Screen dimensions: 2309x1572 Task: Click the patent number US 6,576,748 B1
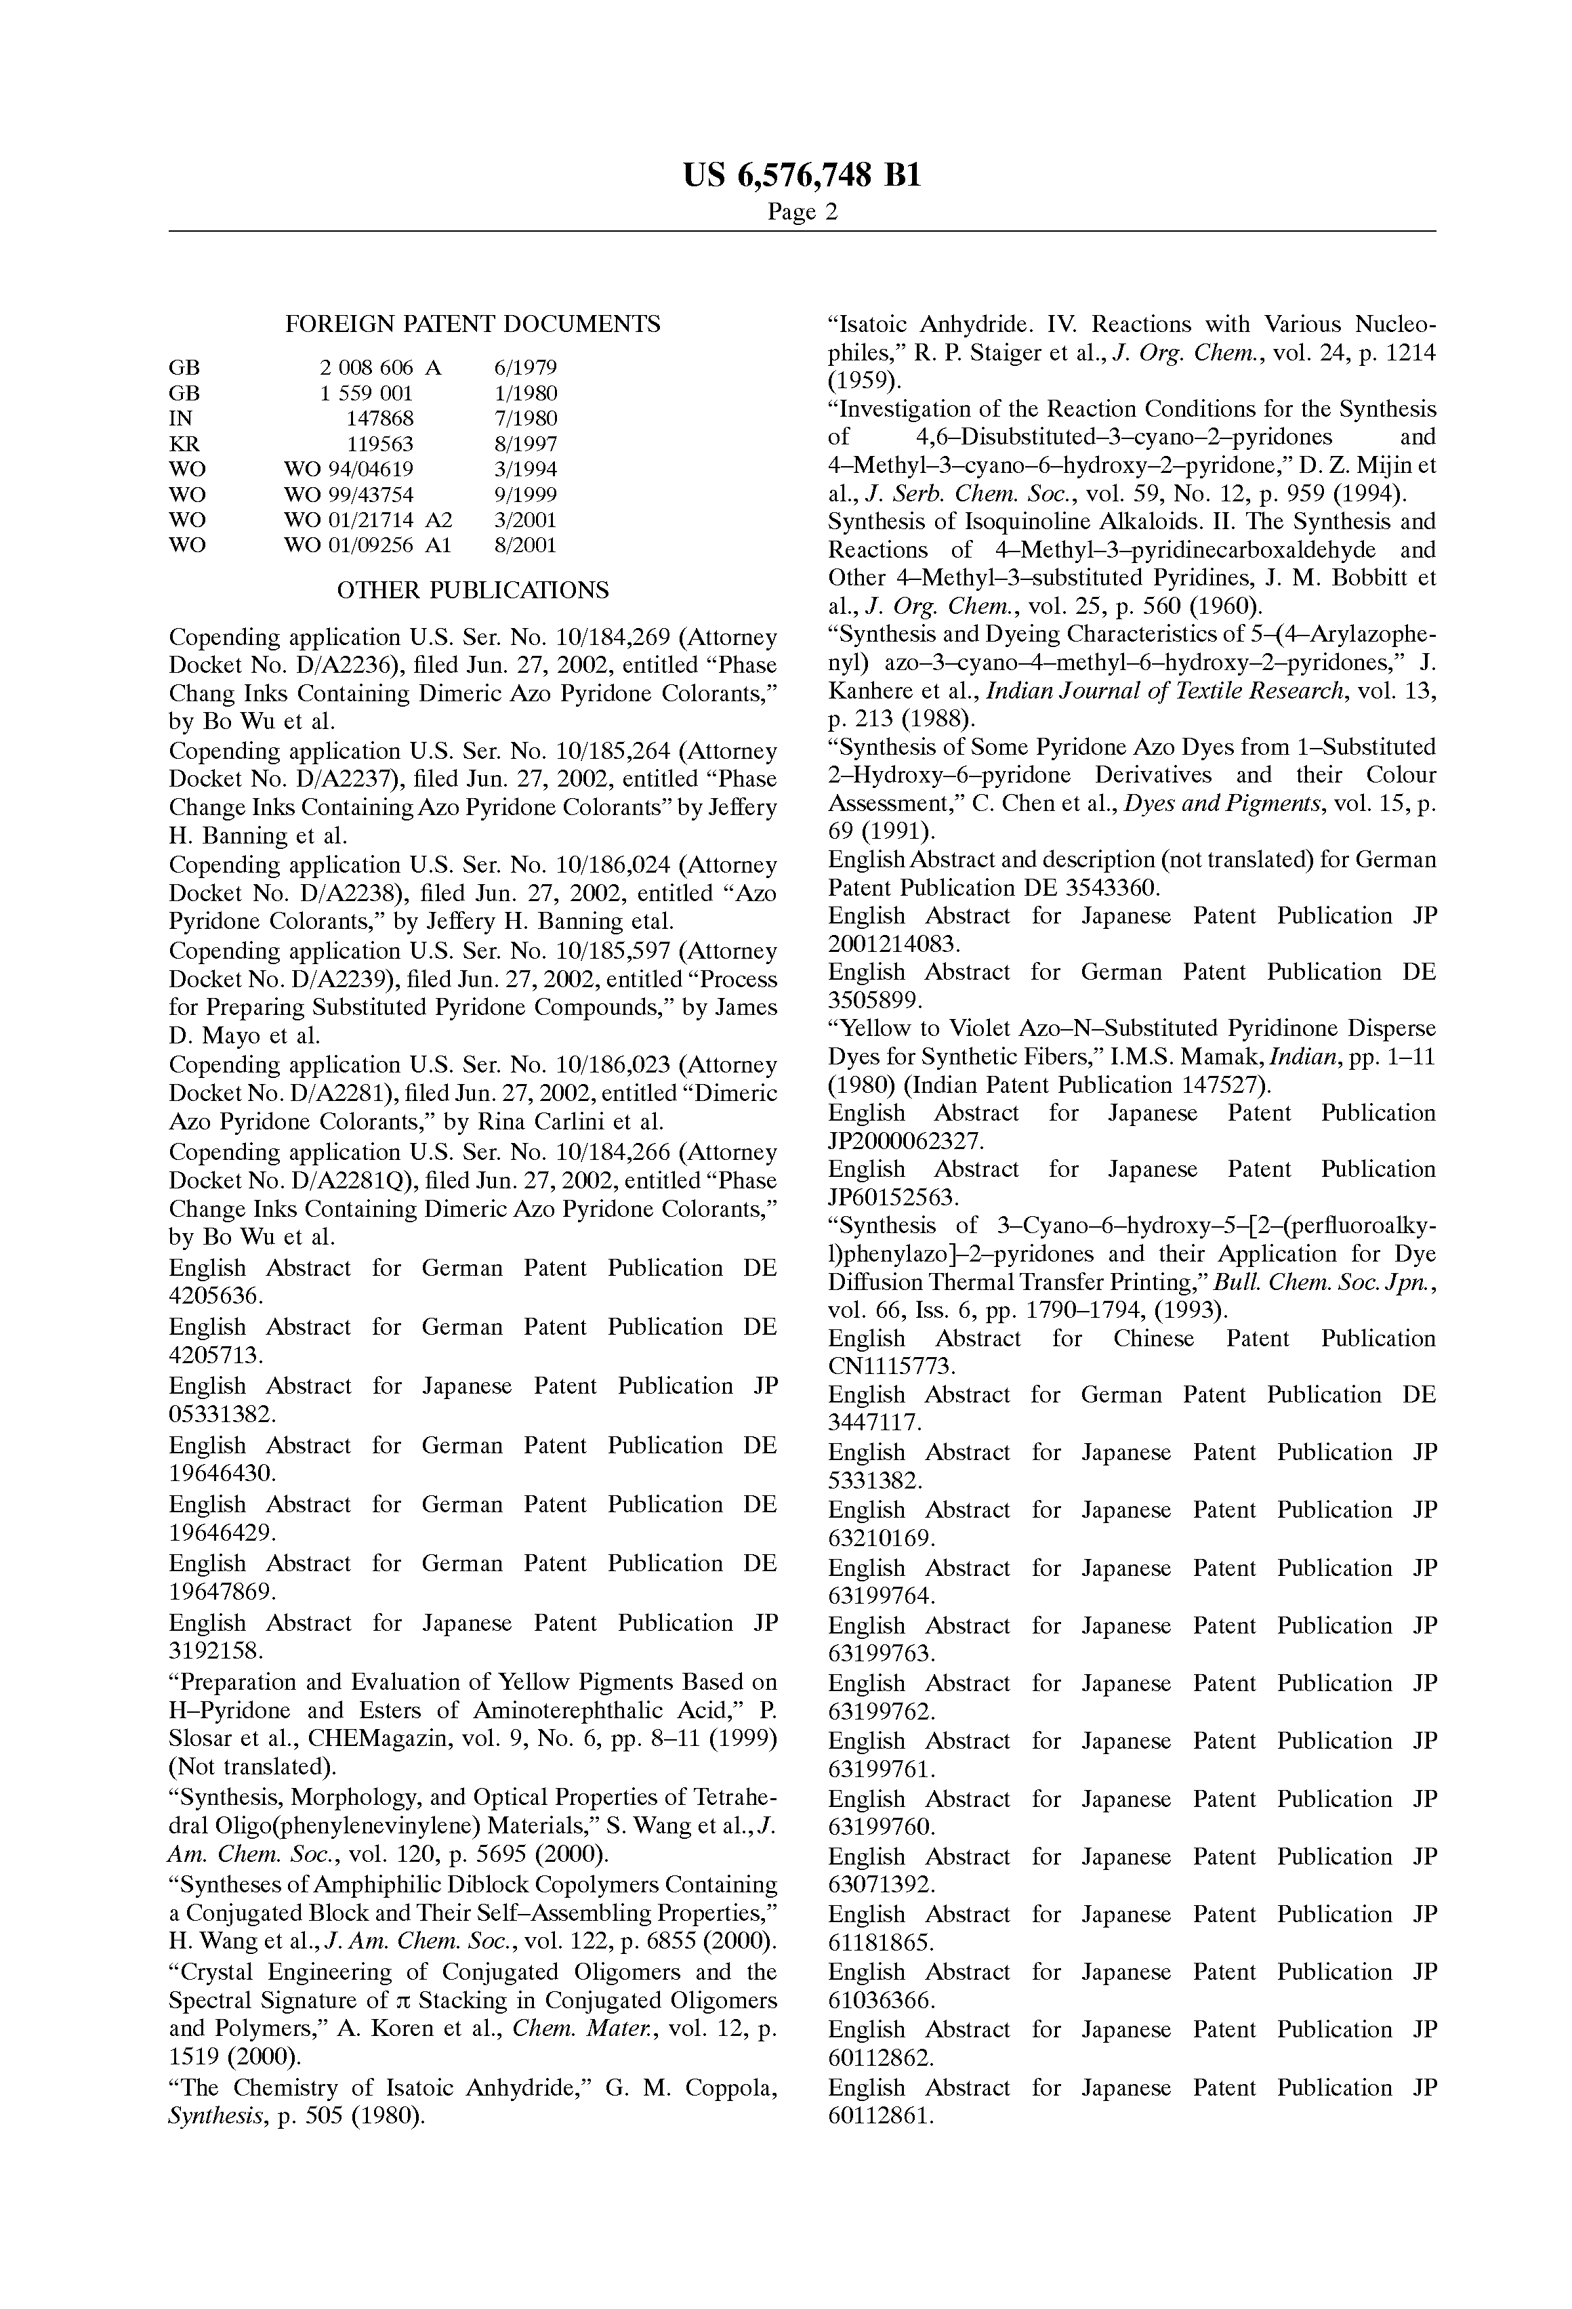[802, 176]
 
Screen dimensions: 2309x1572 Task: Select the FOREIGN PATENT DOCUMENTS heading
[472, 324]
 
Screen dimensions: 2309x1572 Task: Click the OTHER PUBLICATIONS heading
[472, 590]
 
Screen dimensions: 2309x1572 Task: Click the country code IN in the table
[181, 418]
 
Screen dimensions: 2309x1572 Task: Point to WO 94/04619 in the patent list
[348, 469]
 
